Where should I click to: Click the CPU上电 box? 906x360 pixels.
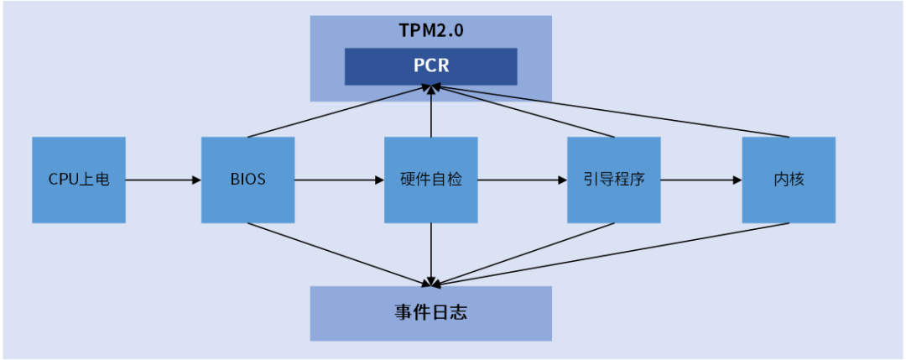tap(79, 180)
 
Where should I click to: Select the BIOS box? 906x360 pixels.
tap(247, 180)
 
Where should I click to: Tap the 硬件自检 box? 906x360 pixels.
tap(430, 180)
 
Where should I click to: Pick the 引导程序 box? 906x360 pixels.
tap(613, 180)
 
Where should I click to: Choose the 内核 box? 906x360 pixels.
tap(789, 180)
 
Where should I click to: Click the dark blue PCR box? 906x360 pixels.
tap(430, 66)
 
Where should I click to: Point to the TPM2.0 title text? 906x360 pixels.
tap(430, 31)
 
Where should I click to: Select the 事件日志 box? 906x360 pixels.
tap(430, 313)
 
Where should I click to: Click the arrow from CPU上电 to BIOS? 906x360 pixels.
tap(164, 180)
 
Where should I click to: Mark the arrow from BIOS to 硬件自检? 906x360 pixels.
tap(339, 180)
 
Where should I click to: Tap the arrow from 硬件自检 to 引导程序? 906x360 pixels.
tap(522, 180)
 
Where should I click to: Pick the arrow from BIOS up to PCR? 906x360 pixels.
tap(336, 112)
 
